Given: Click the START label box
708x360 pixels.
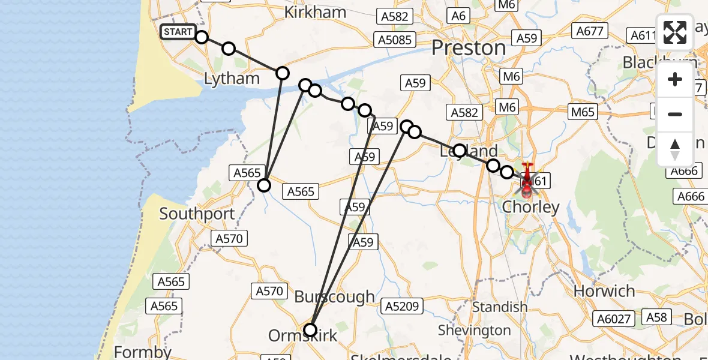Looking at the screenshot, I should pos(178,32).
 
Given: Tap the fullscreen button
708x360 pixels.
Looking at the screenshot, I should pos(675,32).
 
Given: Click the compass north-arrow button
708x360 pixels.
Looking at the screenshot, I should pos(675,149).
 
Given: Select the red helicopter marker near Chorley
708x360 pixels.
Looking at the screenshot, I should pos(526,181).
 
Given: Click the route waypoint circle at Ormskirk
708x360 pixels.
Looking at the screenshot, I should pos(310,329).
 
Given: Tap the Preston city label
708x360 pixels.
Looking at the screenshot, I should pos(469,48).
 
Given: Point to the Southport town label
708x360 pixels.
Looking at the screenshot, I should pos(196,214).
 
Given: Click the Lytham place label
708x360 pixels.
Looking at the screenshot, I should pos(232,79).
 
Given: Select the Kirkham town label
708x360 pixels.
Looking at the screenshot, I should pos(315,13).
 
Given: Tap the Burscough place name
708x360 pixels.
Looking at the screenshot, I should pos(334,297).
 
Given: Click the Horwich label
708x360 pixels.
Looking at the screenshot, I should pos(604,292).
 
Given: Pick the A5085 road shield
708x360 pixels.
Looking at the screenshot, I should pos(393,40).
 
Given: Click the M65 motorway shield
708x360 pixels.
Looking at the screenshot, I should pos(583,112).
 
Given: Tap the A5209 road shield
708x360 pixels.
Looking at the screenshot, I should pos(402,306).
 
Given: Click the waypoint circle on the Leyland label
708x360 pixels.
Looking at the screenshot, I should pos(460,151).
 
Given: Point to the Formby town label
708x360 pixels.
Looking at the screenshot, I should pos(142,352).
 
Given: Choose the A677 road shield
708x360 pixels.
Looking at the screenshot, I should pos(590,31).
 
